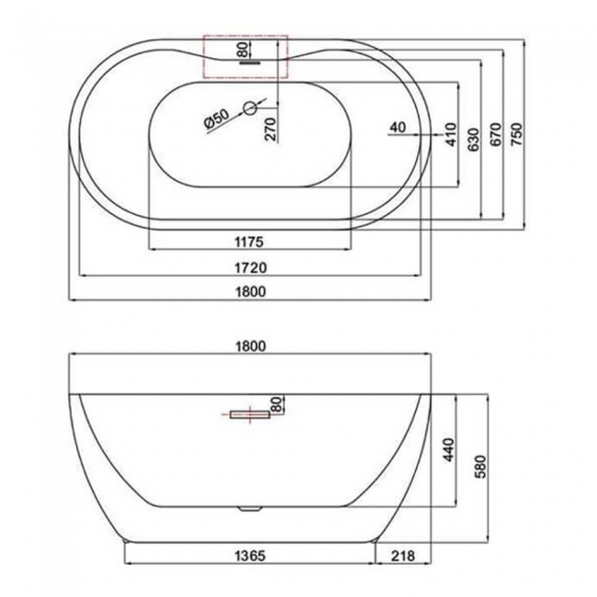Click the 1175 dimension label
(x=249, y=242)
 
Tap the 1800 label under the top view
(x=249, y=293)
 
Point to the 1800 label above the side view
(x=250, y=346)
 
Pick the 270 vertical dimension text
(x=270, y=129)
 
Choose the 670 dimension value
(x=495, y=135)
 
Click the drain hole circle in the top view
(x=247, y=109)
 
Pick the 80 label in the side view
(x=274, y=403)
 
